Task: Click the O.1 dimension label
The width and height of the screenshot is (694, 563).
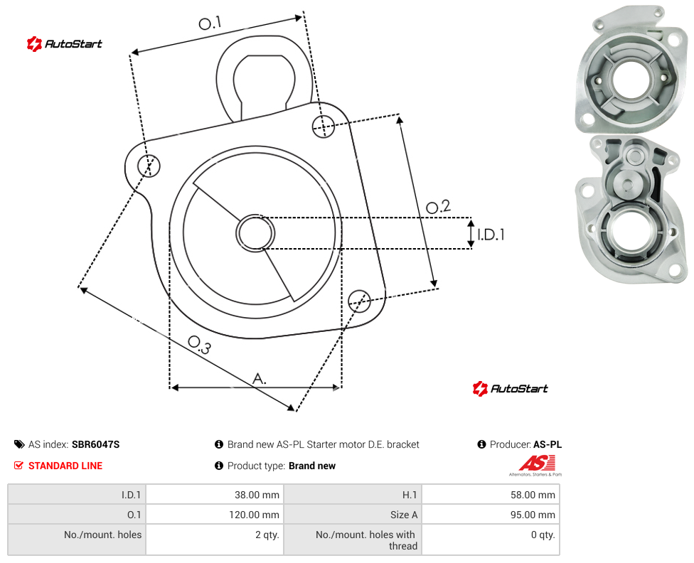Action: coord(210,23)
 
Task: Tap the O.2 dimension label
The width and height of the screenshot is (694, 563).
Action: coord(438,206)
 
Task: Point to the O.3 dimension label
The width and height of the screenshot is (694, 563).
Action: coord(199,345)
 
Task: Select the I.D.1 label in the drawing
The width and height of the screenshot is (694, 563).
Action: coord(491,234)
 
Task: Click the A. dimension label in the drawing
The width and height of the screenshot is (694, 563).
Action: coord(260,379)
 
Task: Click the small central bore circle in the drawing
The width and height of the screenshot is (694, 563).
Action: coord(255,233)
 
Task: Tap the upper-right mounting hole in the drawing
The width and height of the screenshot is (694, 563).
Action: coord(324,126)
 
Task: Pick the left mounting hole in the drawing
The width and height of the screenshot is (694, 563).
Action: coord(149,166)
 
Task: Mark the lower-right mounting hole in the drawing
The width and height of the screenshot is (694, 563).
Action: coord(359,301)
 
